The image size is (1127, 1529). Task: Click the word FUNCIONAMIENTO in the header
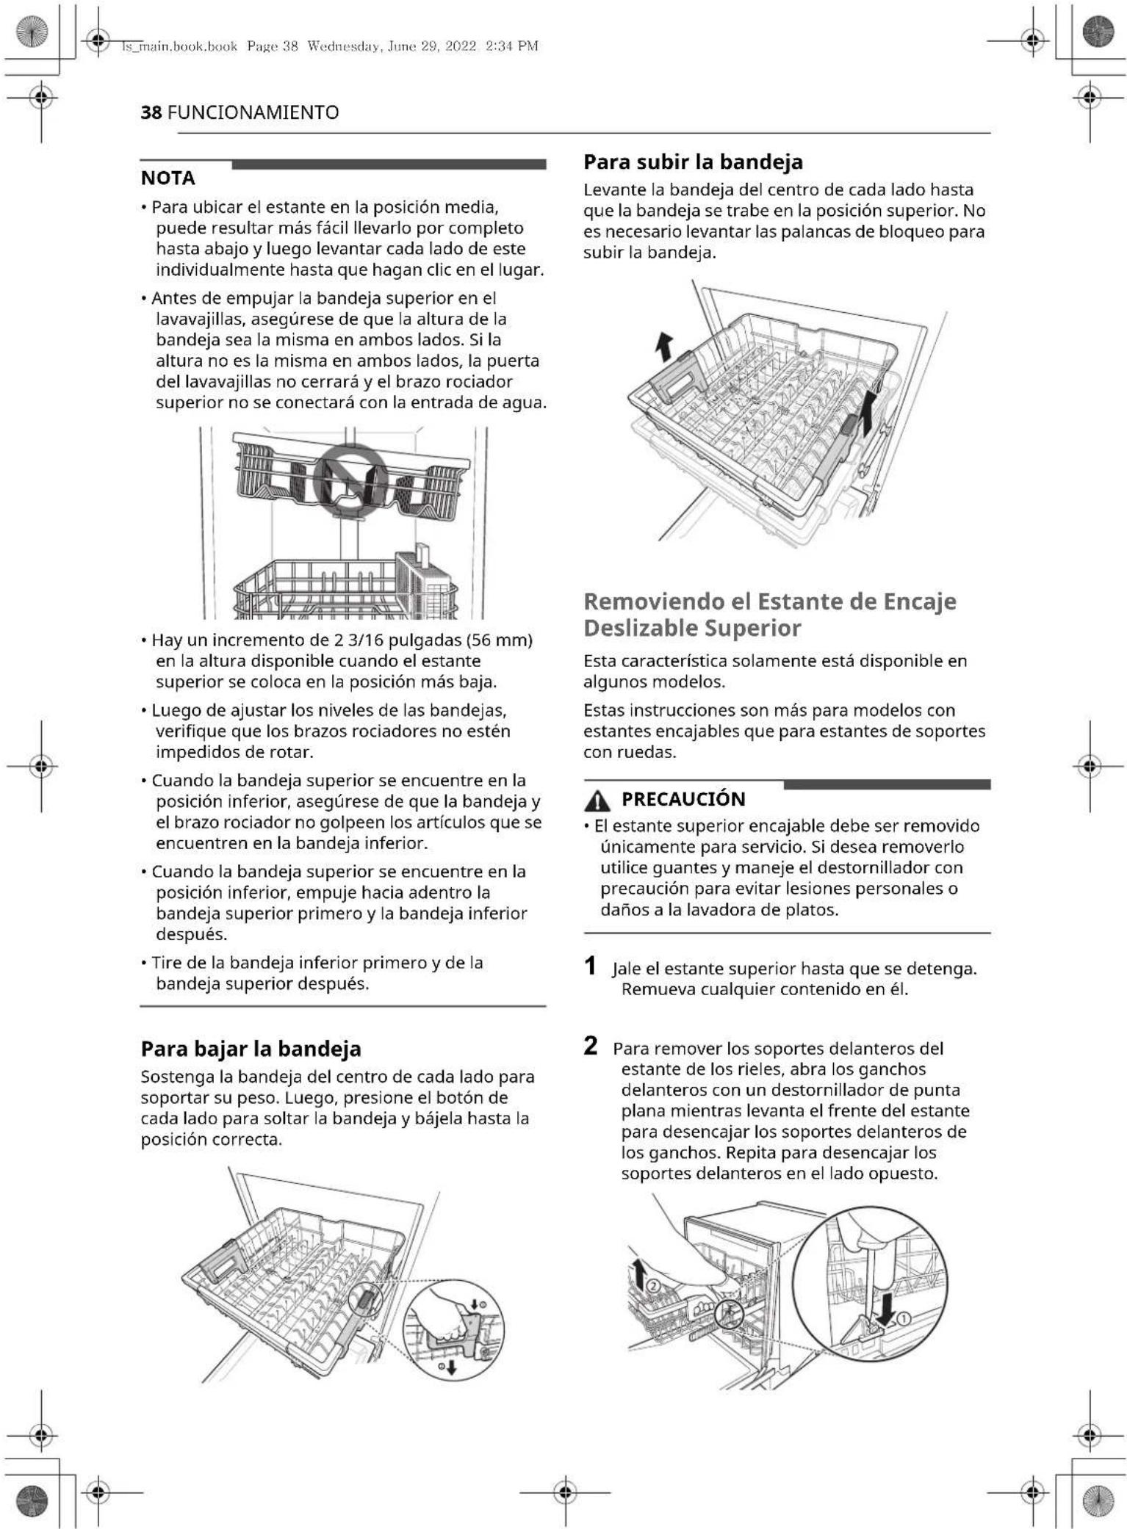pos(253,112)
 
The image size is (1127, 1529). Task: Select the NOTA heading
pos(168,178)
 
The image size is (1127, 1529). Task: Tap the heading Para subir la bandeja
pos(692,162)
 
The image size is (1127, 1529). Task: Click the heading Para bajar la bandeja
pos(251,1049)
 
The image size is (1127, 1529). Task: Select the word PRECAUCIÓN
pos(683,799)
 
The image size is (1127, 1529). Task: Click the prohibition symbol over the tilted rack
pos(350,478)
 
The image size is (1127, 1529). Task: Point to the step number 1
pos(590,966)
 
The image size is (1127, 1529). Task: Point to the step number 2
pos(590,1047)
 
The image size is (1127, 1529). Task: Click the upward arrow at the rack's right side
pos(868,411)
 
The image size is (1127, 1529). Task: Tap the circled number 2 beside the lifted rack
pos(652,1285)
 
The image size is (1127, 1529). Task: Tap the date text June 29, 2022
pos(430,46)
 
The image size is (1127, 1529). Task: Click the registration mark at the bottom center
pos(564,1492)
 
